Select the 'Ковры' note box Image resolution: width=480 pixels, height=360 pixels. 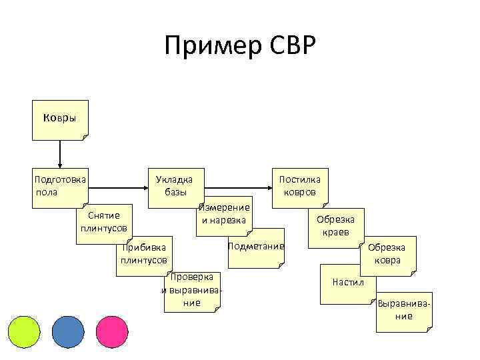pyautogui.click(x=59, y=119)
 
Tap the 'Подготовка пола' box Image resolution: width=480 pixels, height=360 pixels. pyautogui.click(x=59, y=186)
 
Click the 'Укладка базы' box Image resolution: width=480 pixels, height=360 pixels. pyautogui.click(x=174, y=186)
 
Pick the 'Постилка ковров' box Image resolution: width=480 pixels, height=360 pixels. pyautogui.click(x=299, y=186)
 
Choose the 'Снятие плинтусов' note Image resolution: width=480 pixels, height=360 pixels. pyautogui.click(x=103, y=222)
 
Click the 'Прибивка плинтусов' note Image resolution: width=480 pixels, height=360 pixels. pyautogui.click(x=144, y=254)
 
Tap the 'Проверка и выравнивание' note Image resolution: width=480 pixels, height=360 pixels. pyautogui.click(x=191, y=290)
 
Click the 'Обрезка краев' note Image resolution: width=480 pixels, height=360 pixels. pyautogui.click(x=336, y=226)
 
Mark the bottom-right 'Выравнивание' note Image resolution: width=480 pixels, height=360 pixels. pyautogui.click(x=403, y=310)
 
